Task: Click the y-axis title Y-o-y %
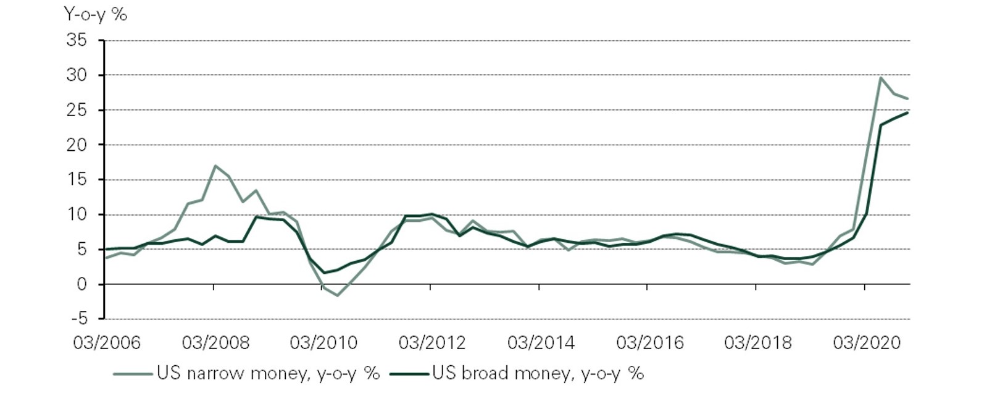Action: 96,14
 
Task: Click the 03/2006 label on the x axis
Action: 107,342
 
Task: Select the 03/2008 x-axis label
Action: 215,342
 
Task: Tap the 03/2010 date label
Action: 323,342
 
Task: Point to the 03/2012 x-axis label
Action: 432,342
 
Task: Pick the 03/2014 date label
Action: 541,342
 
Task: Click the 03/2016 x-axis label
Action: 649,342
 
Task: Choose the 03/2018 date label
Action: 757,342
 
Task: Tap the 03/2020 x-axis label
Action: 866,342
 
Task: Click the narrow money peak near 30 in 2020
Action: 880,78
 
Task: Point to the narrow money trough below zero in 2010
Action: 337,295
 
